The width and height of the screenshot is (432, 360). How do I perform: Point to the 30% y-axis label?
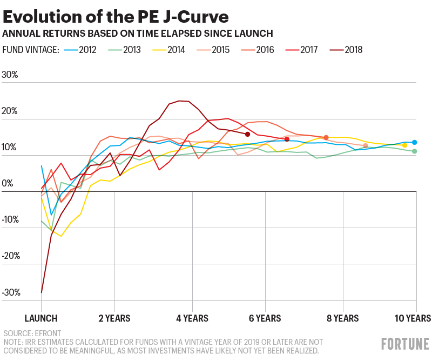pos(10,75)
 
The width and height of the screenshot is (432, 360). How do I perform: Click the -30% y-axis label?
pos(10,292)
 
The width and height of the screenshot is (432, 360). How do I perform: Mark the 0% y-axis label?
pos(8,184)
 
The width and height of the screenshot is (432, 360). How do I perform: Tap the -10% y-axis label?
pos(10,220)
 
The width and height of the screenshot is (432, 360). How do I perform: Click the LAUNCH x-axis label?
pos(41,318)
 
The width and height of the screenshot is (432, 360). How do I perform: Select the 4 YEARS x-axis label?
pos(192,318)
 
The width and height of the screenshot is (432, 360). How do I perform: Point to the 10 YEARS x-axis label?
pos(414,318)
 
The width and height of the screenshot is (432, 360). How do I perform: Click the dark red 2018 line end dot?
pos(247,134)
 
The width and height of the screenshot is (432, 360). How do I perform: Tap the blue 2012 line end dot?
pos(414,142)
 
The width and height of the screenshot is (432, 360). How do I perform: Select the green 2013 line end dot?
pos(414,151)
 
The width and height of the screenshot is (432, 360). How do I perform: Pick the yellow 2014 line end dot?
pos(404,145)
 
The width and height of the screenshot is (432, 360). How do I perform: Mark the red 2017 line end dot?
pos(287,139)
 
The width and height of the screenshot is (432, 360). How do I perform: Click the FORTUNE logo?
pos(405,344)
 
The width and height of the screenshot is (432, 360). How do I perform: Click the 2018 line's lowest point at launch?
pos(42,292)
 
